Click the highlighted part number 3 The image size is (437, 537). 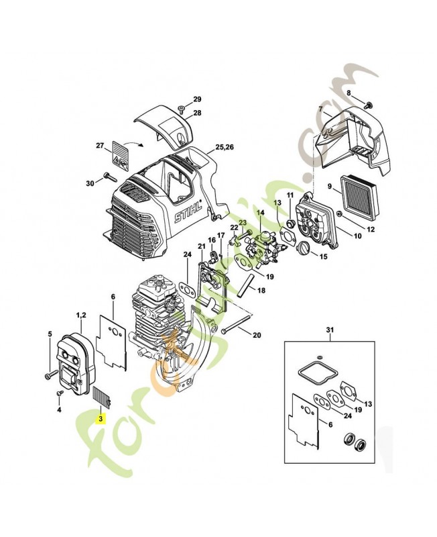tap(101, 418)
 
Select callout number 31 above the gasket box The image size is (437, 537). tap(328, 330)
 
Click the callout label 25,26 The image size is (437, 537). tap(225, 146)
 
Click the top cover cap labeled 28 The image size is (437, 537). tap(161, 121)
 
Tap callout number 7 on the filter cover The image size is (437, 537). tap(320, 109)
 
